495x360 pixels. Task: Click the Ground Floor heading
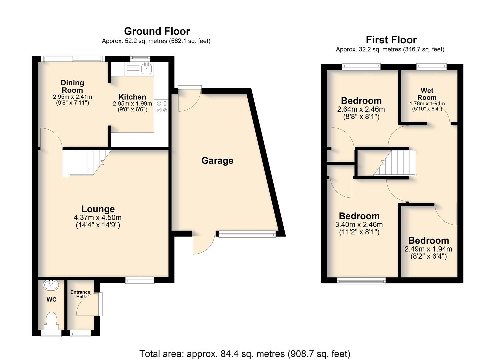tap(157, 31)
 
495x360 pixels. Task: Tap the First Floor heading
tap(391, 40)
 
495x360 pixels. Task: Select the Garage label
tap(217, 161)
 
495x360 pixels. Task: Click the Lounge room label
tap(98, 209)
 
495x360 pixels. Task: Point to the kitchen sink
tap(146, 68)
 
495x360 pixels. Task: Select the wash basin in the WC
tap(51, 285)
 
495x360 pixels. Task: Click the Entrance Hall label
tap(80, 294)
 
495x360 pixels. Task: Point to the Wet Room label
tap(427, 94)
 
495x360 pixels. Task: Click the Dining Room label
tap(72, 86)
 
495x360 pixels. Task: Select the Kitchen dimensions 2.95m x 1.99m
tap(132, 103)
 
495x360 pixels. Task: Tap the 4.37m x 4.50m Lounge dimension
tap(97, 217)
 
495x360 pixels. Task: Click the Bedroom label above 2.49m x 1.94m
tap(428, 240)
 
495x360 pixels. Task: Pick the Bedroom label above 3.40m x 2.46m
tap(359, 216)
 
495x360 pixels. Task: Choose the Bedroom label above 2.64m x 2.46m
tap(361, 101)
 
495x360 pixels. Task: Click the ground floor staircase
tap(87, 163)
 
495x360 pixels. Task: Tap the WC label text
tap(51, 299)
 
